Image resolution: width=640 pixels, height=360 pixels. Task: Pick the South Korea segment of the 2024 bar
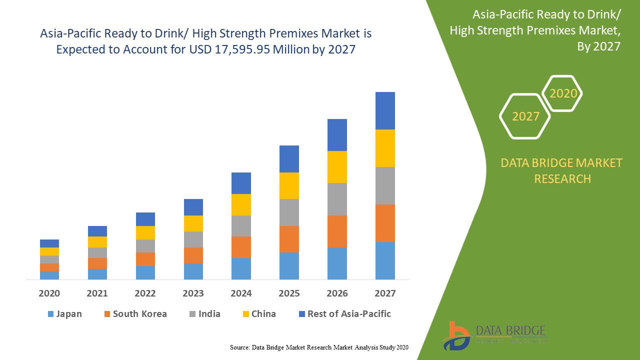[x=241, y=247]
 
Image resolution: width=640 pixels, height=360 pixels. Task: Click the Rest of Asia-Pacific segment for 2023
[x=193, y=207]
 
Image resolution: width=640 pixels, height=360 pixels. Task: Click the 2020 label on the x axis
[x=49, y=293]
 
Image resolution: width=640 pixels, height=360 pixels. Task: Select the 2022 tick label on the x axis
[x=145, y=293]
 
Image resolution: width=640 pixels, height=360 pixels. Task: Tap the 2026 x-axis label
[x=337, y=293]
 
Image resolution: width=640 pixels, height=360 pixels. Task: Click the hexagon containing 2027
[x=525, y=116]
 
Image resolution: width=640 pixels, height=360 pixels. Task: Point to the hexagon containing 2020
[x=563, y=93]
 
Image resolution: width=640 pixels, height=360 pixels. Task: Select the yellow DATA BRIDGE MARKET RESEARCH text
[x=562, y=170]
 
